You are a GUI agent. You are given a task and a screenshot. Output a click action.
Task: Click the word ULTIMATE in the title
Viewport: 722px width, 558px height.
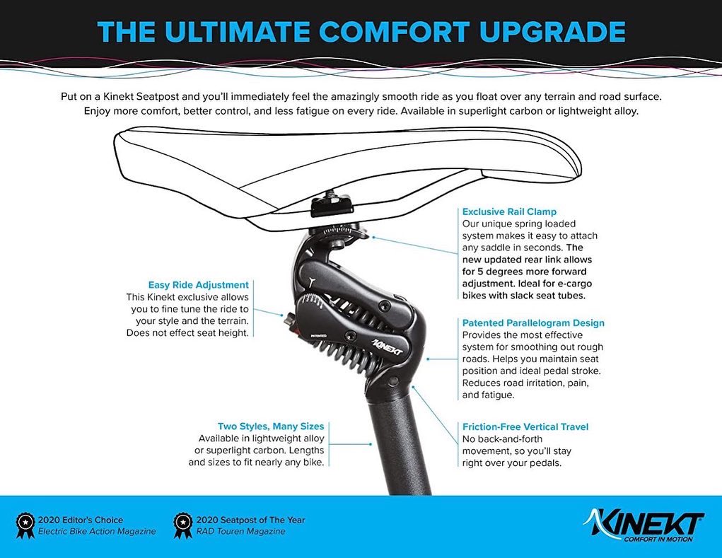pyautogui.click(x=239, y=32)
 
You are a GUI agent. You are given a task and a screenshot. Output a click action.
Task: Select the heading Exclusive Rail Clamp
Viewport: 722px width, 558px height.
pyautogui.click(x=509, y=211)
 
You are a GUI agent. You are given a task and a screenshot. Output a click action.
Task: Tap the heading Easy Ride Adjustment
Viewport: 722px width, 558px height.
pyautogui.click(x=198, y=285)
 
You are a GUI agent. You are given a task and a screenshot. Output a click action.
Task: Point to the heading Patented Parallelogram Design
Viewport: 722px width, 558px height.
pyautogui.click(x=533, y=323)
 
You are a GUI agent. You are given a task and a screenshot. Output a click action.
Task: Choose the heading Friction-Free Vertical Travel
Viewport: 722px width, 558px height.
pyautogui.click(x=525, y=426)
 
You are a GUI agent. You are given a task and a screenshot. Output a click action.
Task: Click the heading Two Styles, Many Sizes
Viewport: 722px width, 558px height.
pyautogui.click(x=271, y=426)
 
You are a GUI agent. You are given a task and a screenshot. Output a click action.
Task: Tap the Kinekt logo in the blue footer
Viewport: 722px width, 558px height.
pyautogui.click(x=643, y=524)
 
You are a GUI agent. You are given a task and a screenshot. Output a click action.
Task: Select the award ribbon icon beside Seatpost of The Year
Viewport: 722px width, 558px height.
pyautogui.click(x=182, y=524)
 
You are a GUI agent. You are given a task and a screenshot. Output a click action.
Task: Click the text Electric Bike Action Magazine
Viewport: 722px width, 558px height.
pyautogui.click(x=96, y=531)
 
